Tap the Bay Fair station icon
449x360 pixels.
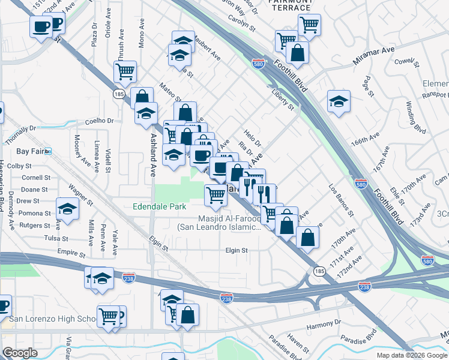tap(48, 152)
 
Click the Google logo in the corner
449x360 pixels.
tap(20, 352)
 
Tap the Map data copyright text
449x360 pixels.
tap(412, 355)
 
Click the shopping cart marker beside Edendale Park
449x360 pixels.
tap(215, 194)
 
